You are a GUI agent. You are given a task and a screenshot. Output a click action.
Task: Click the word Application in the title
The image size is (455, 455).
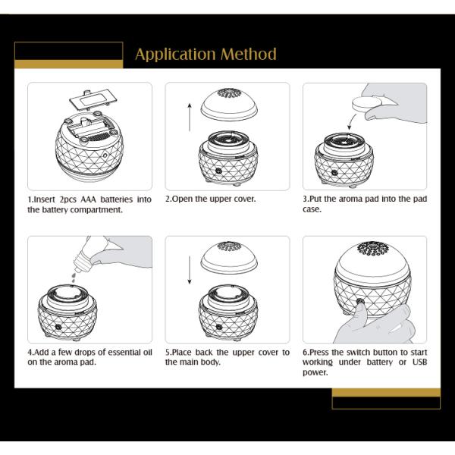[175, 55]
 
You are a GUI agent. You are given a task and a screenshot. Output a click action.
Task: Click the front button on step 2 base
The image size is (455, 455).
[218, 171]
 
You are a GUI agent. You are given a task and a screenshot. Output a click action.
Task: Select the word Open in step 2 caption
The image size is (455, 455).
[184, 199]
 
